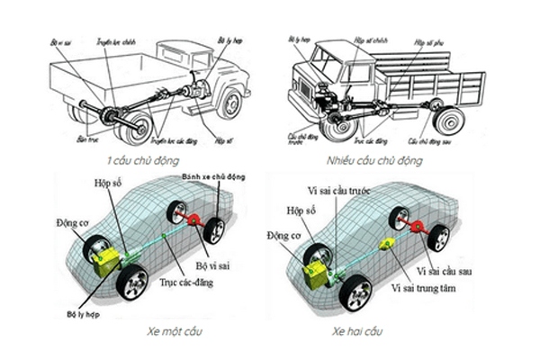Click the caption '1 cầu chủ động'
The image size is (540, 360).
coord(138,160)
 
